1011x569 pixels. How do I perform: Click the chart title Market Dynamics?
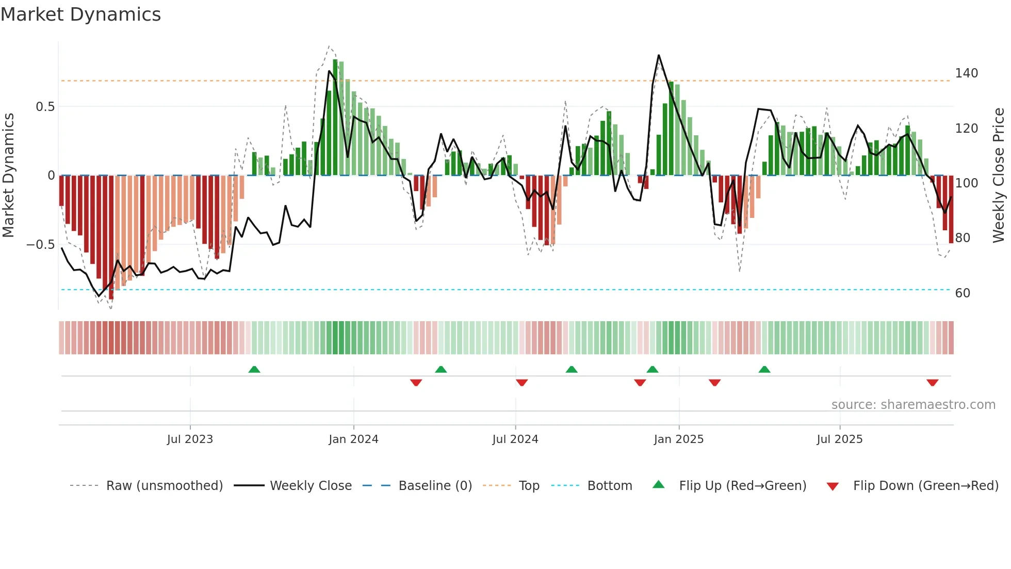(81, 14)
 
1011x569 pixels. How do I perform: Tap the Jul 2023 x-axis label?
(190, 439)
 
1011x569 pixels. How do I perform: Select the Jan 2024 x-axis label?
(353, 439)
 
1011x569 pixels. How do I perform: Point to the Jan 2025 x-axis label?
(678, 439)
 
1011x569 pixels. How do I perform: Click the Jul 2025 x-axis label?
(839, 439)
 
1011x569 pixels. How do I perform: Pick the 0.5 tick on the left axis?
(45, 107)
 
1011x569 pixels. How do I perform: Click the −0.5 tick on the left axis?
(41, 245)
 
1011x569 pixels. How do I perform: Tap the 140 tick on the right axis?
(966, 73)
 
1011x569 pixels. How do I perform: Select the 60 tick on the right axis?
(963, 293)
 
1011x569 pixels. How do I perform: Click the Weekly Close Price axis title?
(999, 176)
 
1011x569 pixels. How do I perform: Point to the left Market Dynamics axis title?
(8, 176)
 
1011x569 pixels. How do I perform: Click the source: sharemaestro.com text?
(913, 405)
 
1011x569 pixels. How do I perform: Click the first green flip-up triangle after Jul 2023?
(254, 369)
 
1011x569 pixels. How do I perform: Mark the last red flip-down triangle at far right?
(932, 383)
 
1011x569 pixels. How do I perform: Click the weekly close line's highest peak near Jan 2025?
(659, 56)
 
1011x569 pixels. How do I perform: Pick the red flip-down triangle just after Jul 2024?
(521, 383)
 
